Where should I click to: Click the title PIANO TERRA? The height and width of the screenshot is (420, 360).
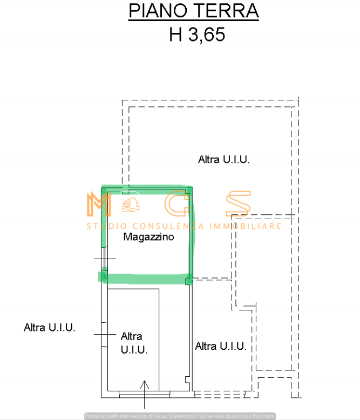(x=194, y=11)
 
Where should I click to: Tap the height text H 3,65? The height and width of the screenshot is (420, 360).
(x=196, y=35)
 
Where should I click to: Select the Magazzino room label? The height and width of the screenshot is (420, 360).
(x=148, y=236)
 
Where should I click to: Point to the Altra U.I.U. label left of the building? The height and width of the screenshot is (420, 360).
(x=49, y=327)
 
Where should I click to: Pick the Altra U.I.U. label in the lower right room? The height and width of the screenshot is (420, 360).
(x=221, y=346)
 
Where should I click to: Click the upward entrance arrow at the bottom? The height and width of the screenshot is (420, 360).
(x=145, y=394)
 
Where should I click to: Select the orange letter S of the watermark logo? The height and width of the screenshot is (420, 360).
(x=237, y=204)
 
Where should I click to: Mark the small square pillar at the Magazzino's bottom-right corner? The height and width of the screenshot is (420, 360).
(x=188, y=281)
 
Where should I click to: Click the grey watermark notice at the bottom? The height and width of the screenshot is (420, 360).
(x=180, y=416)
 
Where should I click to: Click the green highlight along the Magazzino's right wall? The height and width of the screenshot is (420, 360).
(x=191, y=232)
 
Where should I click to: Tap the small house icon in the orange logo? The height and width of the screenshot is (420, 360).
(x=130, y=204)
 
